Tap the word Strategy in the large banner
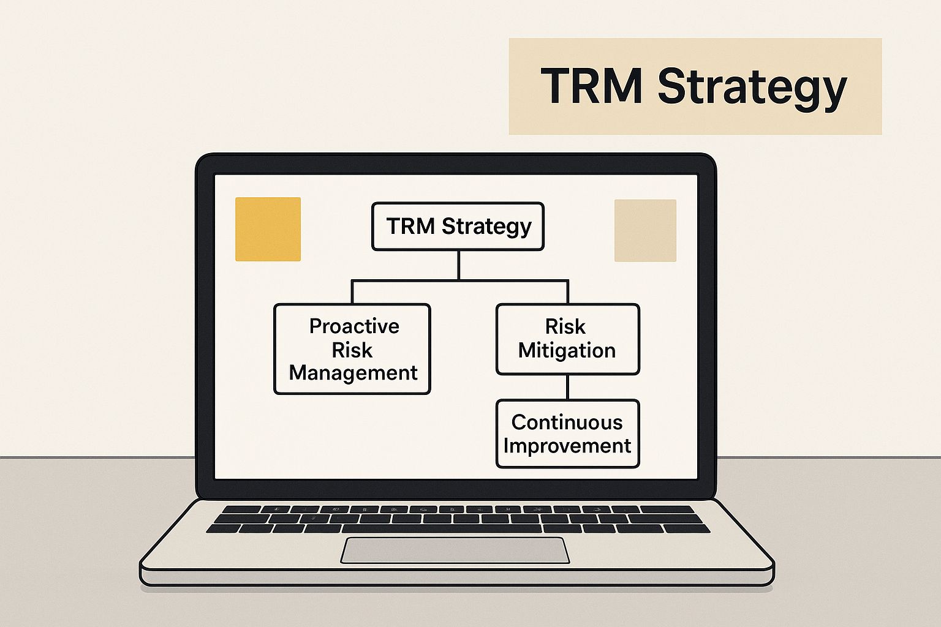click(x=752, y=89)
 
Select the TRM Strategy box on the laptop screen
click(x=458, y=227)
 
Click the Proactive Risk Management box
click(x=352, y=349)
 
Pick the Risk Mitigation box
click(x=567, y=339)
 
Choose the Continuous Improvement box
click(x=567, y=434)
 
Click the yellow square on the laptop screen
click(x=268, y=229)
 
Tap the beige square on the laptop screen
click(x=645, y=231)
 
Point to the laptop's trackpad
click(x=455, y=550)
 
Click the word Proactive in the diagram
click(x=354, y=326)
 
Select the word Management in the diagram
click(x=353, y=373)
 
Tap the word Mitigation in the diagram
click(x=567, y=350)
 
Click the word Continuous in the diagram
click(x=567, y=422)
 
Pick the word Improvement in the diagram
click(x=567, y=446)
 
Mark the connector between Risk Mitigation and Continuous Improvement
click(x=567, y=387)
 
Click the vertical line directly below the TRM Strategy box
click(x=458, y=265)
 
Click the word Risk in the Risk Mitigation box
click(x=565, y=327)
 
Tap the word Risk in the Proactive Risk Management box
click(x=352, y=350)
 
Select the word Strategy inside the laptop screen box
click(x=486, y=227)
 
